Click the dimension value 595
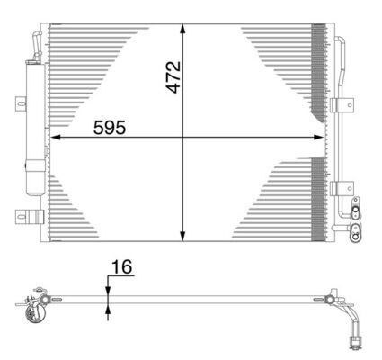tap(111, 127)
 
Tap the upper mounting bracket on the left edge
tap(18, 103)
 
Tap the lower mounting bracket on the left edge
tap(27, 216)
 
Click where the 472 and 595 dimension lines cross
tap(184, 138)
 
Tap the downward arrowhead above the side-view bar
tap(109, 287)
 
